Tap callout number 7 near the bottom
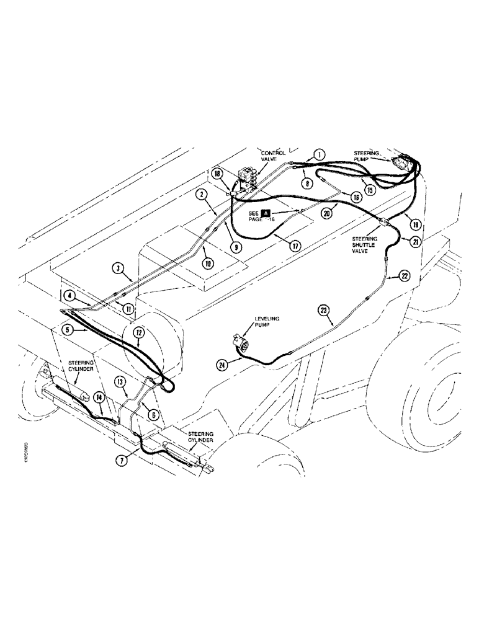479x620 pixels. tap(121, 461)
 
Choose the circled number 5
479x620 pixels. tap(69, 330)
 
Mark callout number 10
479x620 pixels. tap(208, 263)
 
